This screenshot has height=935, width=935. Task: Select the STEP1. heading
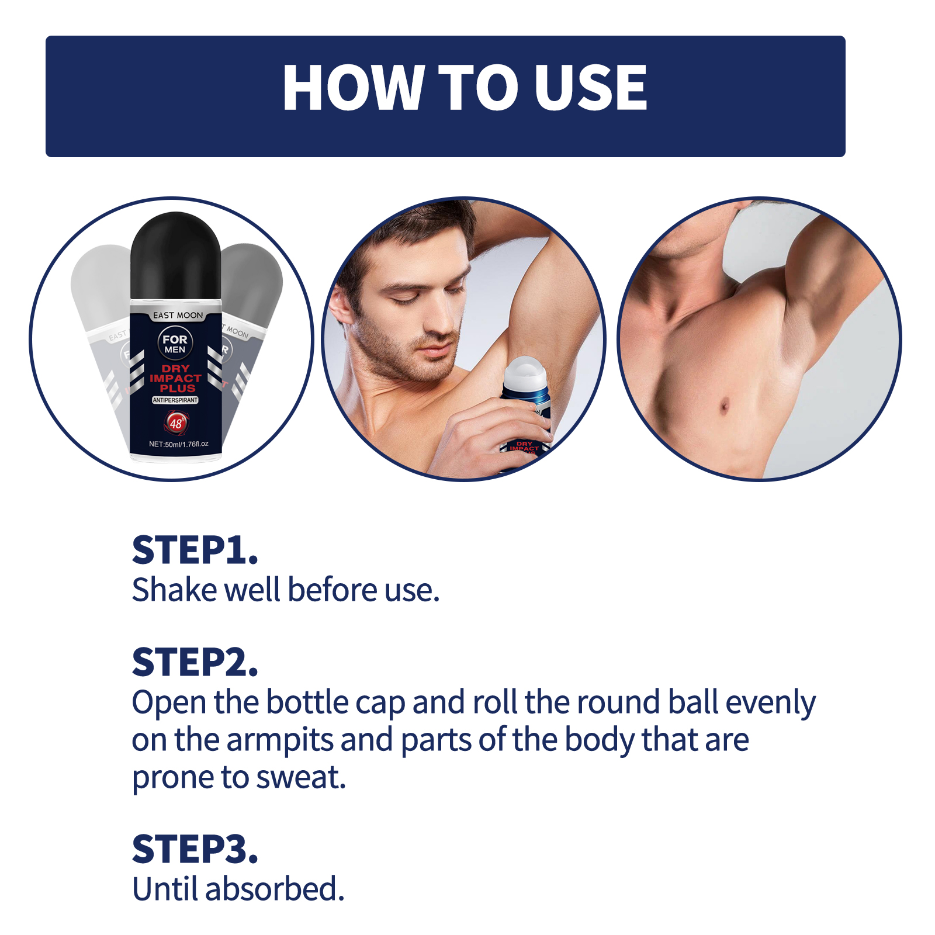click(x=195, y=550)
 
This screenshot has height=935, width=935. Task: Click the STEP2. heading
click(x=195, y=663)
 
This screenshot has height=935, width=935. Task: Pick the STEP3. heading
click(x=195, y=850)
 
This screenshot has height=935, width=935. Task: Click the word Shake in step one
click(x=174, y=590)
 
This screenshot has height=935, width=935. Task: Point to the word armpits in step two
click(x=279, y=740)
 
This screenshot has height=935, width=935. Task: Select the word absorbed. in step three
click(x=275, y=889)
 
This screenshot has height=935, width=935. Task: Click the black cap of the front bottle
click(x=175, y=257)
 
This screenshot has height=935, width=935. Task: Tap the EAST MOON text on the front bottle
click(x=178, y=316)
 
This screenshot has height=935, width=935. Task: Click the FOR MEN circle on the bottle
click(x=175, y=344)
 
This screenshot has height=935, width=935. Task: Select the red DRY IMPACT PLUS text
click(x=175, y=378)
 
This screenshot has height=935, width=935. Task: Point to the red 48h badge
click(x=176, y=423)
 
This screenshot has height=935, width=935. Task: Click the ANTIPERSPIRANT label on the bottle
click(x=175, y=400)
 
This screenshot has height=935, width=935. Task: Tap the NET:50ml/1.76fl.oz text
click(x=178, y=444)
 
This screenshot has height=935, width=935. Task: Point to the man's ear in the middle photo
click(x=339, y=308)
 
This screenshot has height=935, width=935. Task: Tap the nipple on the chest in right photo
click(x=725, y=405)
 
